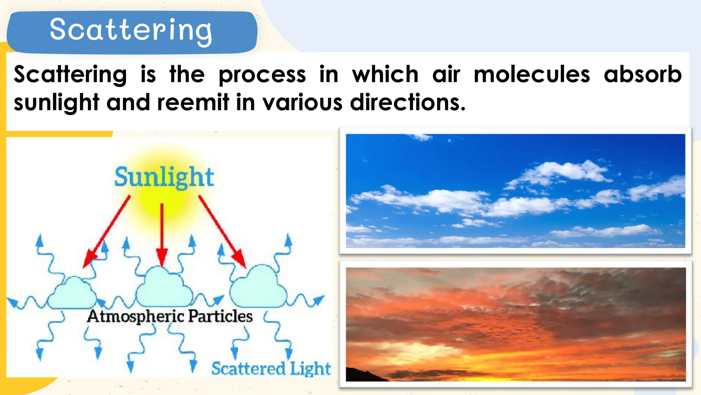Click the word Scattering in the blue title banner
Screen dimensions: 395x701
[131, 30]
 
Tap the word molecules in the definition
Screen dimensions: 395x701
[532, 74]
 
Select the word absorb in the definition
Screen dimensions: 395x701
[642, 74]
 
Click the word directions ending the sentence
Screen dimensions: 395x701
[407, 103]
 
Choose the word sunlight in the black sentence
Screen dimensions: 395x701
[56, 103]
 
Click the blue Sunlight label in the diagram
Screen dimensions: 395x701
[164, 177]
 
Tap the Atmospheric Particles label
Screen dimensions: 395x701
[170, 316]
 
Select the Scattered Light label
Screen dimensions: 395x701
[271, 369]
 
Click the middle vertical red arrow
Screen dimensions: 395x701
[162, 233]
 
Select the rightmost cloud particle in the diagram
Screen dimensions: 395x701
[259, 287]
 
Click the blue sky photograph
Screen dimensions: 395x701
[515, 191]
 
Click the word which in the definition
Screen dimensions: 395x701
[385, 74]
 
